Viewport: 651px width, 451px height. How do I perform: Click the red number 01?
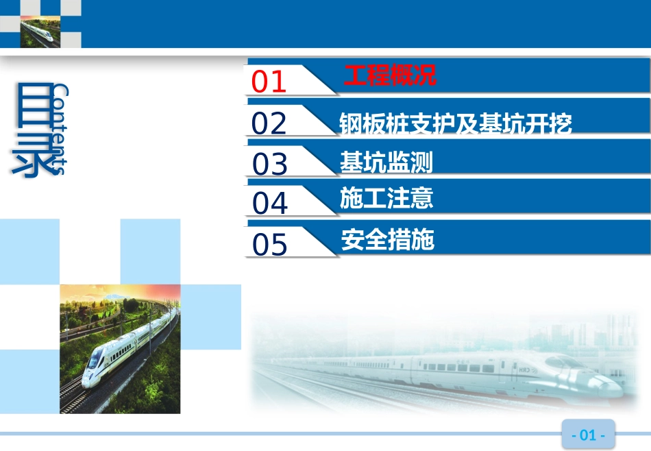coord(269,82)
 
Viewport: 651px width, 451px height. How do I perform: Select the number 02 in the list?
coord(269,123)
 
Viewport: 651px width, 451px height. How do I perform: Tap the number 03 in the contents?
coord(270,164)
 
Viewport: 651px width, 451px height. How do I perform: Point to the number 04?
coord(270,204)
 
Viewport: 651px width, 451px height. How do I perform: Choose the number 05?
coord(270,245)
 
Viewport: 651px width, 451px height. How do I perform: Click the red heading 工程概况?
coord(390,75)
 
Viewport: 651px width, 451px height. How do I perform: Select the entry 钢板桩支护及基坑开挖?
coord(455,123)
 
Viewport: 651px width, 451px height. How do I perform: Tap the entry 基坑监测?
coord(386,163)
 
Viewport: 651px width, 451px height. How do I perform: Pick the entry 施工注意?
coord(386,199)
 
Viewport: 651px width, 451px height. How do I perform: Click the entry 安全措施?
coord(387,240)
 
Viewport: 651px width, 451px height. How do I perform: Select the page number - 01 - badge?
coord(588,435)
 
